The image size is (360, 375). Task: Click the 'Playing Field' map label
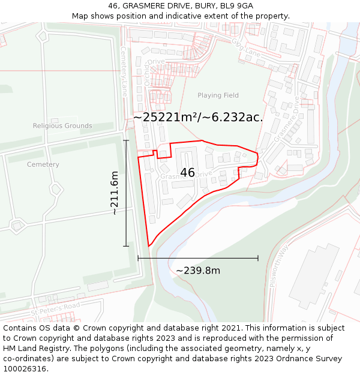click(x=218, y=95)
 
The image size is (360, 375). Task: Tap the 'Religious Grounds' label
click(x=62, y=126)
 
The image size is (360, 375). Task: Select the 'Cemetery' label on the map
click(x=43, y=164)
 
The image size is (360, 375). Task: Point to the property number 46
click(x=187, y=173)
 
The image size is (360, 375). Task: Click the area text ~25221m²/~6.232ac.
click(x=198, y=118)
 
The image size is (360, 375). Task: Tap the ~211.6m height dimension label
click(x=115, y=193)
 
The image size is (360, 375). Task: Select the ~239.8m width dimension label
click(x=198, y=271)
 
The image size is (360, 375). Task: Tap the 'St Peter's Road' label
click(x=55, y=309)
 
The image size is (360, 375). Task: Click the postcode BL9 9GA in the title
click(x=233, y=5)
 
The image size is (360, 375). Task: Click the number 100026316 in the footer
click(x=25, y=368)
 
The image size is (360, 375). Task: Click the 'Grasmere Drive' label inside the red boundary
click(x=186, y=176)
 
